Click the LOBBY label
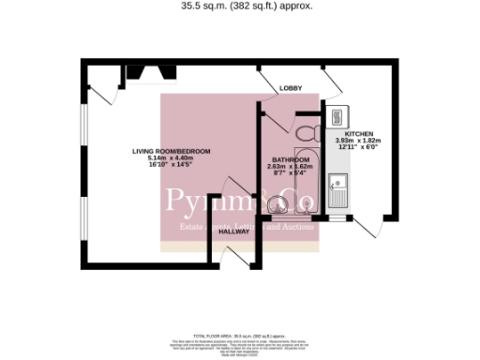point(291,88)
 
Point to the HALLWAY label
point(234,232)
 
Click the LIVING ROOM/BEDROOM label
point(171,151)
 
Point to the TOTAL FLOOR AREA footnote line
point(239,335)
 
